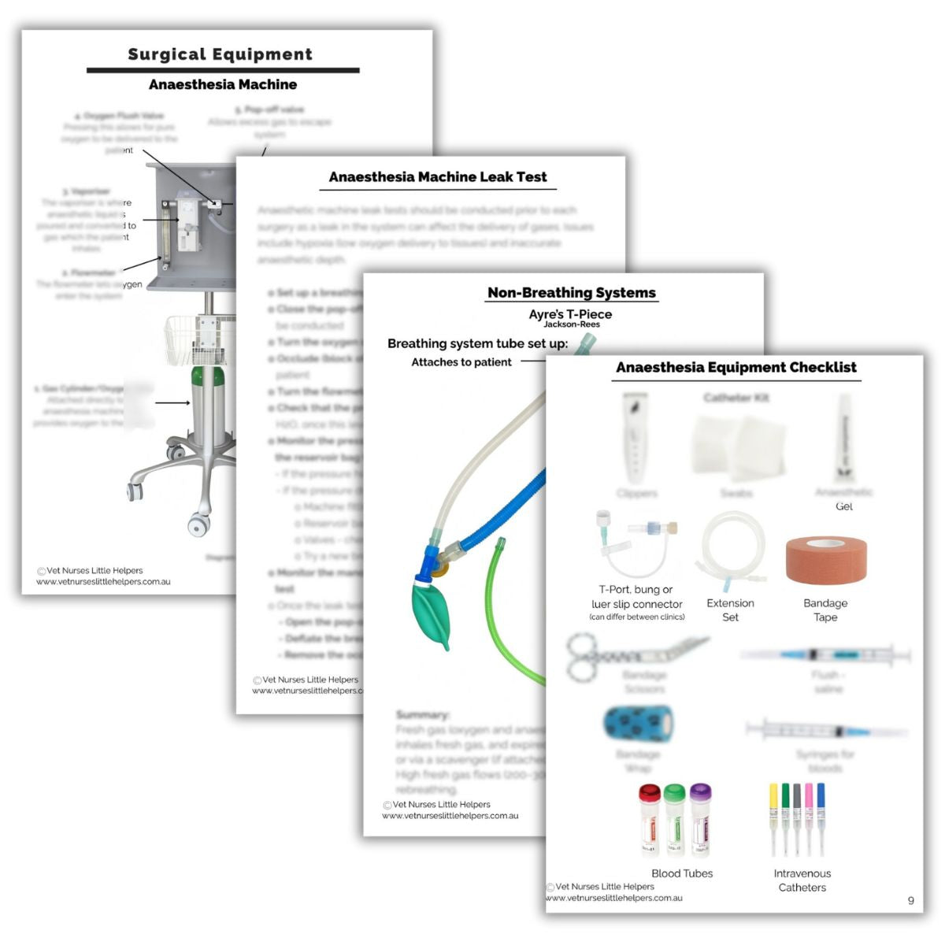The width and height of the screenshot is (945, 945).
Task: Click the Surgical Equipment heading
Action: (x=220, y=54)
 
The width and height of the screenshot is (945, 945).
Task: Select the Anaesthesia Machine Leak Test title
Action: (x=437, y=177)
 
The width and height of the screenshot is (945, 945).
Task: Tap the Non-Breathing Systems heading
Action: (x=571, y=293)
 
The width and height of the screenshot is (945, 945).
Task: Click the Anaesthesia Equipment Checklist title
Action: (x=736, y=368)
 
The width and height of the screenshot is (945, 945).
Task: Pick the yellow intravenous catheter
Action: (x=773, y=815)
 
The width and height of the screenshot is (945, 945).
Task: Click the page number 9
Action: (x=911, y=900)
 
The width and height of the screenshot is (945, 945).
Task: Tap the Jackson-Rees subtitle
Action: (x=571, y=324)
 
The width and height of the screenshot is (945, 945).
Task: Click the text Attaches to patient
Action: (x=461, y=362)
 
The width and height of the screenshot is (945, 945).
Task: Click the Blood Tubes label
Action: (x=682, y=873)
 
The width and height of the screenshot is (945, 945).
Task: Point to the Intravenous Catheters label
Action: (x=802, y=880)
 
